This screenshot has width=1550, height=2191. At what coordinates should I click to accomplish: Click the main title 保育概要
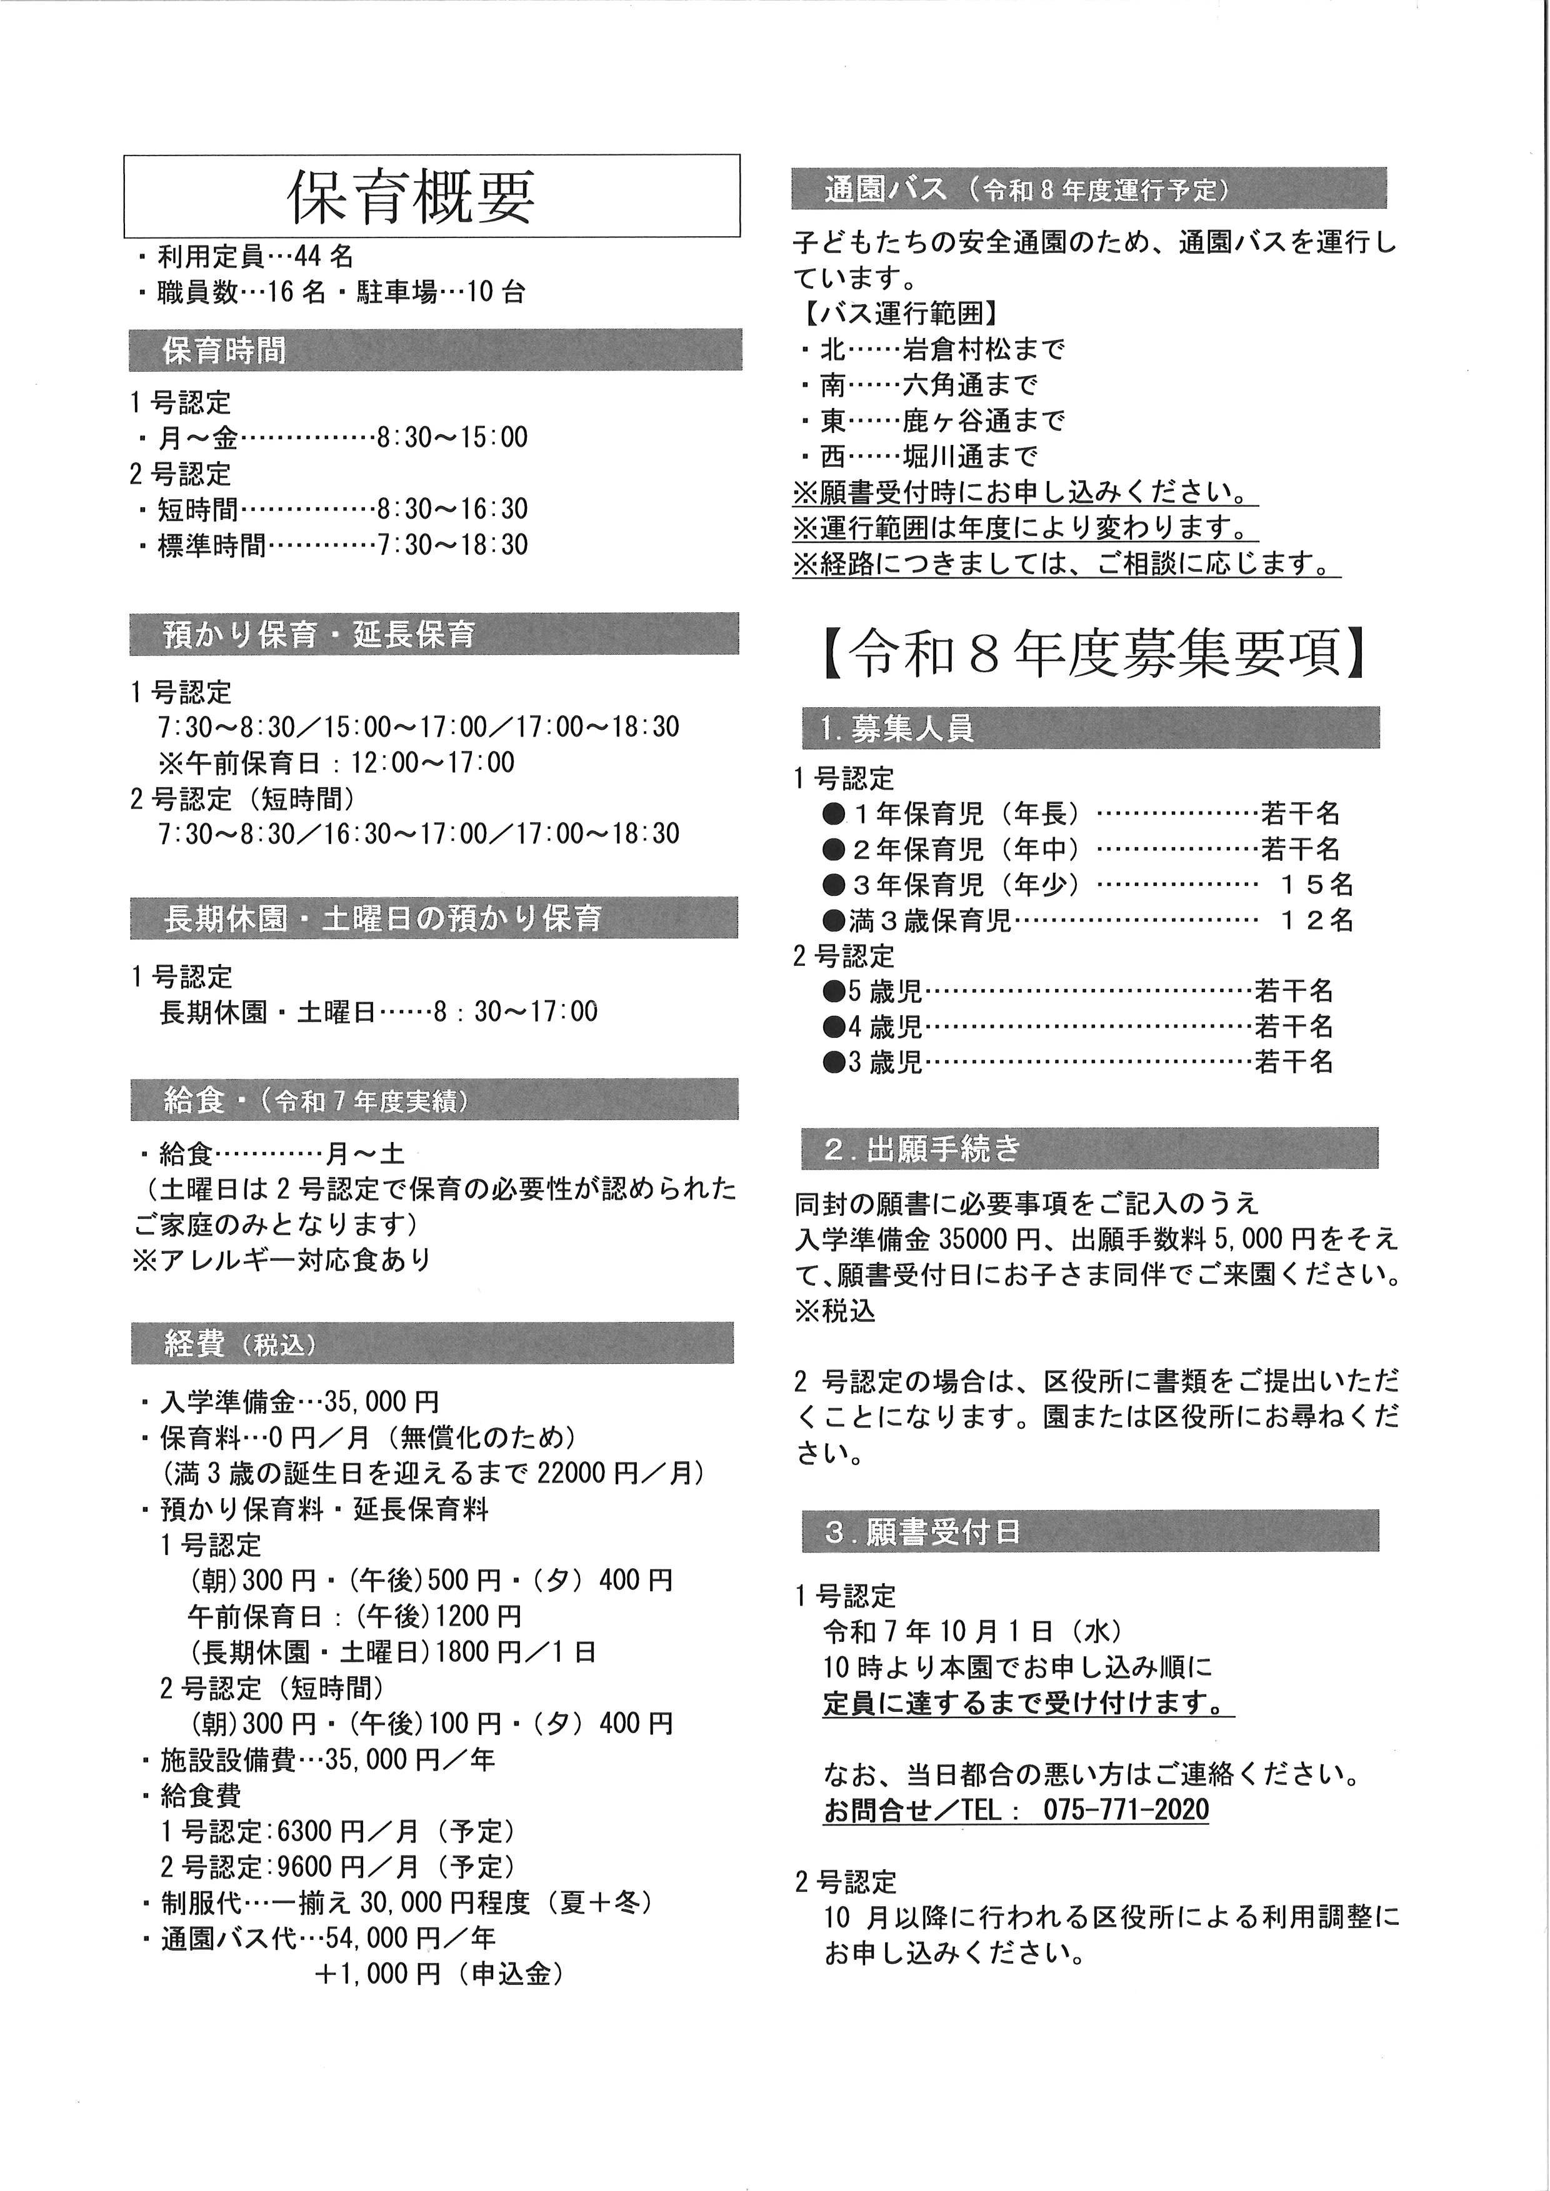[411, 197]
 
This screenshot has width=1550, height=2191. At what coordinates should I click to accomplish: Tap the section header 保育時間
[223, 350]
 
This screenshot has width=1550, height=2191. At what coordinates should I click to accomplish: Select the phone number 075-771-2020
[1126, 1809]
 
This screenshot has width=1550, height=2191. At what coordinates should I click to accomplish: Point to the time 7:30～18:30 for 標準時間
[452, 545]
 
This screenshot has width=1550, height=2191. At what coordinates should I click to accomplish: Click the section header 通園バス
[886, 189]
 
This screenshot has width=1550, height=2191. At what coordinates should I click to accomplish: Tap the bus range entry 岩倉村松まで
[983, 349]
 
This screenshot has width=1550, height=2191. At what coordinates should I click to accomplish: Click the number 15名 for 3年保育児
[1316, 885]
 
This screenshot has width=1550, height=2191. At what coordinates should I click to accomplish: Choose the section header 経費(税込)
[239, 1344]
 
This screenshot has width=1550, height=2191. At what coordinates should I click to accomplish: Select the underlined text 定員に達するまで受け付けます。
[1027, 1703]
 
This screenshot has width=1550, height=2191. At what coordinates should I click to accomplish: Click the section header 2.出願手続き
[922, 1149]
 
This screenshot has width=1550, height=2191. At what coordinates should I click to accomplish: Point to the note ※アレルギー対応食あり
[282, 1259]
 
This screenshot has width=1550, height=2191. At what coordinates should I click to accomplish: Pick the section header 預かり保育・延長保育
[319, 635]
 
